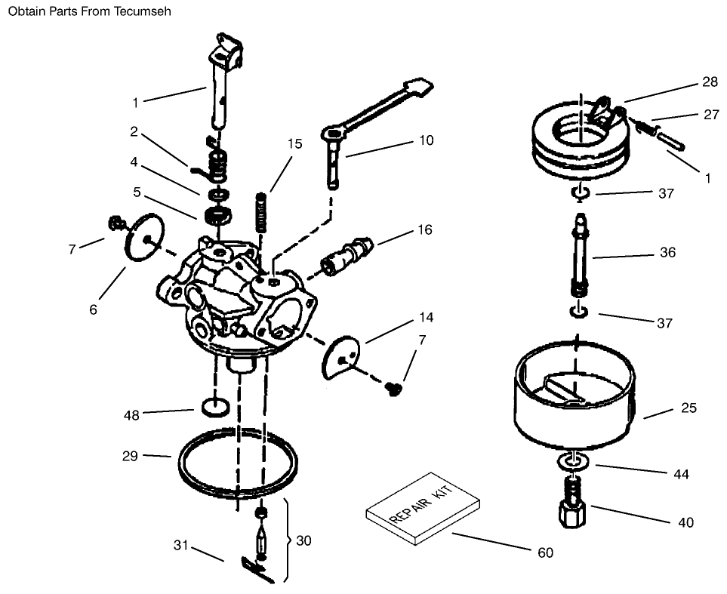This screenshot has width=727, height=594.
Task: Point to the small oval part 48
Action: click(x=215, y=408)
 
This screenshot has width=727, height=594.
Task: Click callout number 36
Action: click(x=667, y=253)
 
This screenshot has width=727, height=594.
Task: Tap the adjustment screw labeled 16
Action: click(x=348, y=256)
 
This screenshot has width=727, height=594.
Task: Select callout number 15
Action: click(x=294, y=143)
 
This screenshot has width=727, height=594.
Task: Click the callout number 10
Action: click(x=426, y=140)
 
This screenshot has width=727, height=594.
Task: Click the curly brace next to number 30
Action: click(x=288, y=540)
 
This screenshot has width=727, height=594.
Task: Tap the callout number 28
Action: click(x=710, y=81)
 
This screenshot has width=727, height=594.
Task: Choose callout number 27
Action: click(x=711, y=115)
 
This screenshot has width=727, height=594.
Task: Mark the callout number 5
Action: click(x=137, y=192)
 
